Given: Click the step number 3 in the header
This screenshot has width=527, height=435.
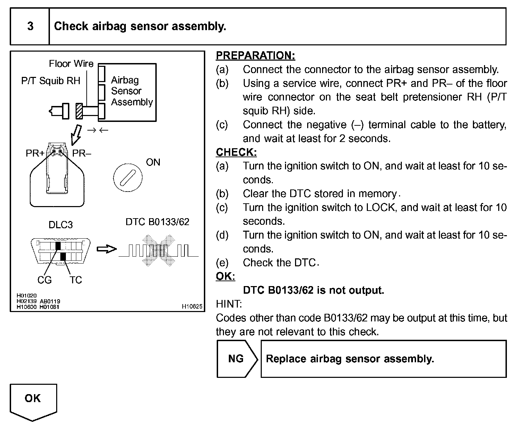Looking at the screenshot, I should point(30,26).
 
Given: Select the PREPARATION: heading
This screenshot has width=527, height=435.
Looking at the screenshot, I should point(255,55).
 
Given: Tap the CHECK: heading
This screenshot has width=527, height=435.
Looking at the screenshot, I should point(236,152).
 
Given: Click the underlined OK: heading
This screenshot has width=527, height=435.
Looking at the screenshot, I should point(225,276).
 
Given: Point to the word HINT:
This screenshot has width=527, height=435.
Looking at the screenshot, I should point(228,304).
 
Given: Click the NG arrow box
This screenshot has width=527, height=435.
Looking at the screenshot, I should point(237,359).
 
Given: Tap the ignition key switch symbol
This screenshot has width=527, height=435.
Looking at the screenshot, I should point(127,178).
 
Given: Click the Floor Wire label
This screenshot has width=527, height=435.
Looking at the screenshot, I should point(71,64).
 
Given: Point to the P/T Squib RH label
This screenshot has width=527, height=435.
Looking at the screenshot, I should point(51,81).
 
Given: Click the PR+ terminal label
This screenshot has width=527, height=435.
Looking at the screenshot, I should point(35,153).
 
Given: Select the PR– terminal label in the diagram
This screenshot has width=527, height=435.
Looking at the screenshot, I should point(82,153).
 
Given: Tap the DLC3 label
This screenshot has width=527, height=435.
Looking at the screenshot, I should point(60,225).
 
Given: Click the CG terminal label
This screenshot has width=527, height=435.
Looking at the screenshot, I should point(44,280).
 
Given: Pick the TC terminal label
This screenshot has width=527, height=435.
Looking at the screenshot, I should point(76,280).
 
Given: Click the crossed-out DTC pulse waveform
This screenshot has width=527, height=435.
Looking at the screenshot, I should point(158,250).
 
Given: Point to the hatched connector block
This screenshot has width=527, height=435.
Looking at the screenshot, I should point(79,111).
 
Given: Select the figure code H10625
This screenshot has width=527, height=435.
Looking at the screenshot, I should point(192,307).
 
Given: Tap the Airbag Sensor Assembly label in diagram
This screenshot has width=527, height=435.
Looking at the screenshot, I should point(131,91).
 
